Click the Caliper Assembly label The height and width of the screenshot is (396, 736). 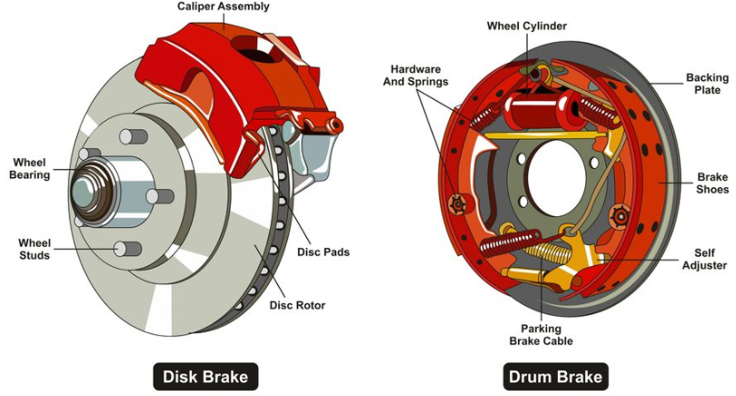point(224,8)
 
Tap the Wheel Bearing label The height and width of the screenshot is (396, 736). point(29,168)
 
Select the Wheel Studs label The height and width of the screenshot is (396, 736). point(34,248)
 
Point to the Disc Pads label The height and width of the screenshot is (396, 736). point(323,252)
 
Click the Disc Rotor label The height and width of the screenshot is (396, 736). point(297,304)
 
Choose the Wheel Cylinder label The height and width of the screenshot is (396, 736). point(527,25)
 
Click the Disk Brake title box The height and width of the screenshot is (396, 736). point(204,376)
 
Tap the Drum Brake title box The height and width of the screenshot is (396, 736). point(554,376)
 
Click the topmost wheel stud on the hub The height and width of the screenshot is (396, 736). point(134,136)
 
